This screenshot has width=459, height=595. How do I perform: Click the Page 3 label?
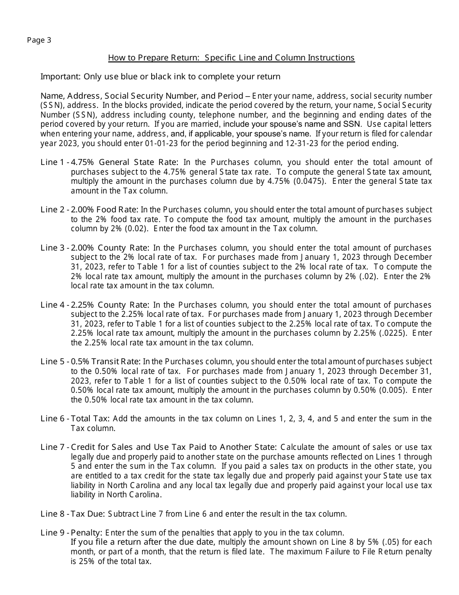[39, 40]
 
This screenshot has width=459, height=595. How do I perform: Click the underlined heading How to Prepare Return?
[231, 58]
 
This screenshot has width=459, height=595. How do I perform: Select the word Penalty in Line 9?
[86, 533]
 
